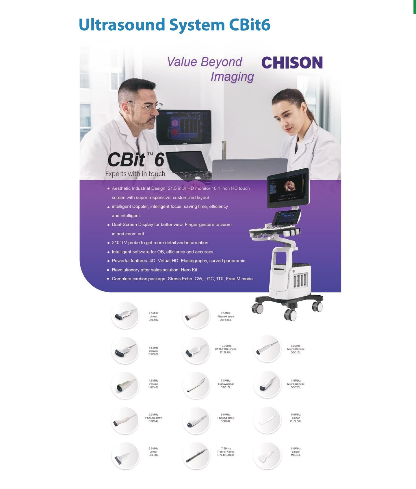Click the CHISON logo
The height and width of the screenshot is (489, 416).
click(292, 63)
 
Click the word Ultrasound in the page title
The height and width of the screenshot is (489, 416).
click(122, 25)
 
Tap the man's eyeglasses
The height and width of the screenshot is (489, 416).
click(147, 107)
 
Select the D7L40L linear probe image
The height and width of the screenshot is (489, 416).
click(125, 315)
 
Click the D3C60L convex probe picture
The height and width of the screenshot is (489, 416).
click(125, 350)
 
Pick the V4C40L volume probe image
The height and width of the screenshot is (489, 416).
click(125, 385)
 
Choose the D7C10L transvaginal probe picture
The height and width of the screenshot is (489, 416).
click(196, 385)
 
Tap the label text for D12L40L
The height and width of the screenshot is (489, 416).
click(226, 349)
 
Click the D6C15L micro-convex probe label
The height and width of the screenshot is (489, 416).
click(296, 349)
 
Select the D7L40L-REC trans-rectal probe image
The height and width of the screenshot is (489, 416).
click(196, 455)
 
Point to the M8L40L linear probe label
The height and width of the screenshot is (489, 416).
click(296, 452)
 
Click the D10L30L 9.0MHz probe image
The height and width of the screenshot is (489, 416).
click(267, 420)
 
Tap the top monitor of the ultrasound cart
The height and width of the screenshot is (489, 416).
click(288, 188)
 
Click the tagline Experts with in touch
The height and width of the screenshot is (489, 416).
click(135, 174)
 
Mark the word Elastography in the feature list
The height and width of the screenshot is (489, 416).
click(194, 261)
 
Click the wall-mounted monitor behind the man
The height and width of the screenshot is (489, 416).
click(184, 127)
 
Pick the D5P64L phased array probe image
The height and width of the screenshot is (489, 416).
click(196, 420)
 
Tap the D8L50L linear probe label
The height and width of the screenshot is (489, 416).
click(153, 452)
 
